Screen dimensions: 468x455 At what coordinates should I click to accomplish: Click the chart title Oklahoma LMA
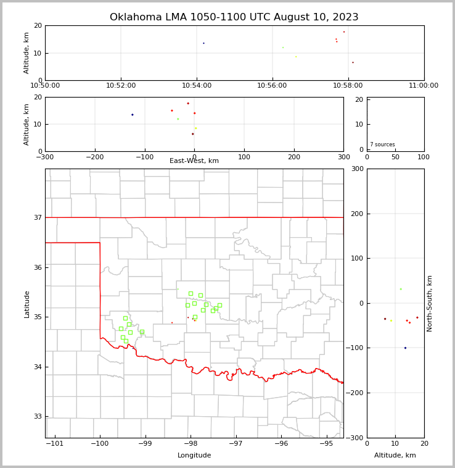[x=234, y=17]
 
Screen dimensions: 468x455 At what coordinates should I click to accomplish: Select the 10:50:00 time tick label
[x=45, y=86]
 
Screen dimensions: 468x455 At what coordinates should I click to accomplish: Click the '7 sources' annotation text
[x=382, y=144]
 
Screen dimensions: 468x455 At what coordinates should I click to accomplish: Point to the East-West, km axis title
[x=194, y=161]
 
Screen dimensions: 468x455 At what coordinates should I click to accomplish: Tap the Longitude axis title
[x=194, y=456]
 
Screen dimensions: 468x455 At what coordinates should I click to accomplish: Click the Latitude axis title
[x=27, y=304]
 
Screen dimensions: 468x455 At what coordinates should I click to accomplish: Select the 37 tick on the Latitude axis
[x=38, y=217]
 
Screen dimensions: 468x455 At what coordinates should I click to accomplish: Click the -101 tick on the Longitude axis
[x=55, y=444]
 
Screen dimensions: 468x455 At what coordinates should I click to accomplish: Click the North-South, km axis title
[x=430, y=303]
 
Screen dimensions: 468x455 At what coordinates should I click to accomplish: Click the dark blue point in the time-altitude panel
[x=203, y=43]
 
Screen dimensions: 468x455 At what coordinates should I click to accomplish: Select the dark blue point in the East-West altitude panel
[x=132, y=114]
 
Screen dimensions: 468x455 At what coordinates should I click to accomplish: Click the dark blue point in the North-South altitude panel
[x=405, y=348]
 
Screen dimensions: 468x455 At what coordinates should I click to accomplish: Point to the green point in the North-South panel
[x=401, y=289]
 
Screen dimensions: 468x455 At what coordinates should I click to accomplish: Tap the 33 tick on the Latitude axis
[x=38, y=416]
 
